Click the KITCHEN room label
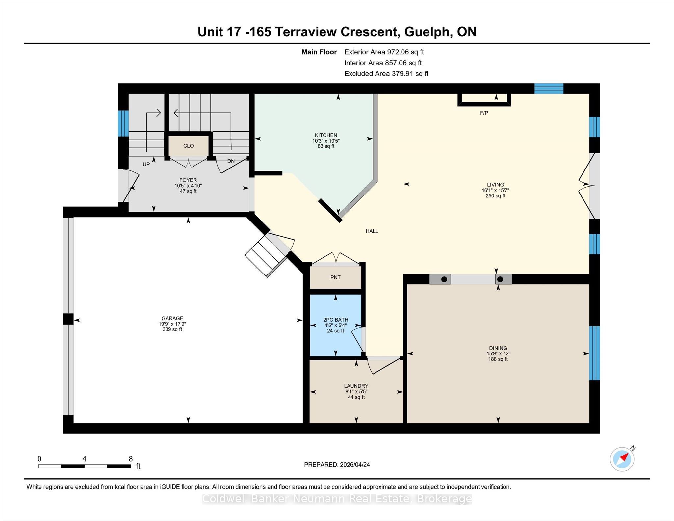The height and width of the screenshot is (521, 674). (326, 135)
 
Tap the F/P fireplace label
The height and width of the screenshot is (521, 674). (484, 113)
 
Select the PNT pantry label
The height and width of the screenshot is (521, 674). (335, 277)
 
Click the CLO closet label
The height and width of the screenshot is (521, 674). (189, 146)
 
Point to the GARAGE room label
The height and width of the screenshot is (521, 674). (172, 318)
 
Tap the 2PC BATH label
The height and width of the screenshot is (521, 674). (336, 320)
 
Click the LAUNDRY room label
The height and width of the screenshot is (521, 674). (356, 386)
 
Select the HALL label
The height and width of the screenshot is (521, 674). (372, 231)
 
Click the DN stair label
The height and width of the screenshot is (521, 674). (231, 161)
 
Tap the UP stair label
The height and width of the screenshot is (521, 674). (146, 164)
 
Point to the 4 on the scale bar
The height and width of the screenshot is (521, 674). (84, 459)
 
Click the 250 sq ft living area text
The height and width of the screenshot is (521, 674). (495, 196)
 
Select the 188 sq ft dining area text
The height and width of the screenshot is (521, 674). (498, 359)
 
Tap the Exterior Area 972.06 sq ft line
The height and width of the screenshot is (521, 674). (384, 52)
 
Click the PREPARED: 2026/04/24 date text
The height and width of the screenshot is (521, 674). (337, 465)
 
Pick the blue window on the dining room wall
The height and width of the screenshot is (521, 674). (594, 353)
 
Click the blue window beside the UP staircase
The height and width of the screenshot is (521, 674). (123, 123)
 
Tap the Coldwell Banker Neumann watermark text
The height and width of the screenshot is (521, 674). (337, 499)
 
